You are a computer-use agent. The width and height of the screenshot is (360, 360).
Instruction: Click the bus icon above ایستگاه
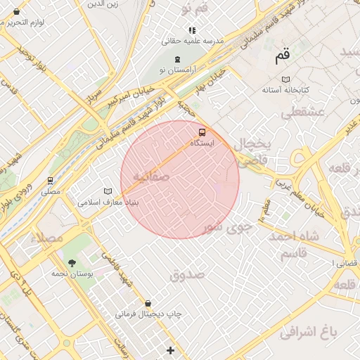click(x=202, y=132)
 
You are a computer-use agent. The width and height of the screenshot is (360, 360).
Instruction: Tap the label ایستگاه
click(x=202, y=143)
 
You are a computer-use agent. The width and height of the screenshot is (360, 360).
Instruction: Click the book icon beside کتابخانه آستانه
click(x=284, y=79)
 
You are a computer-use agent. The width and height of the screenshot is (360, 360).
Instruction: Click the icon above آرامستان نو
click(x=177, y=59)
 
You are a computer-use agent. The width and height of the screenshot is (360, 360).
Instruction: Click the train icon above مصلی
click(x=50, y=181)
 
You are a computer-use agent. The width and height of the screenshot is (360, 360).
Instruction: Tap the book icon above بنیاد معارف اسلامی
click(x=108, y=191)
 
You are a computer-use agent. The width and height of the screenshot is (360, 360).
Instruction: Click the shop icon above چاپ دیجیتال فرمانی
click(x=148, y=303)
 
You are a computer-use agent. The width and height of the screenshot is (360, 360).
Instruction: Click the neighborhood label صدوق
click(x=186, y=274)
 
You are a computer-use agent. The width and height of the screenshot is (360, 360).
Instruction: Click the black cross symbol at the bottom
click(x=170, y=349)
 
